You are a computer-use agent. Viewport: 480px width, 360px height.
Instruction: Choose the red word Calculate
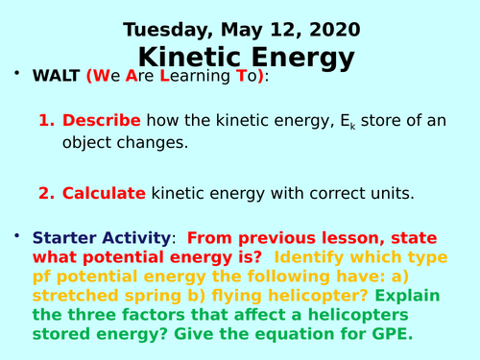tap(104, 193)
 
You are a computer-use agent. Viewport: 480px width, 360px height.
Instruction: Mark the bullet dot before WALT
tap(15, 76)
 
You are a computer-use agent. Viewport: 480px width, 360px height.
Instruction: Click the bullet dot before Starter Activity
tap(15, 236)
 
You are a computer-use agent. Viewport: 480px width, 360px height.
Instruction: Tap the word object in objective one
tap(70, 145)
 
